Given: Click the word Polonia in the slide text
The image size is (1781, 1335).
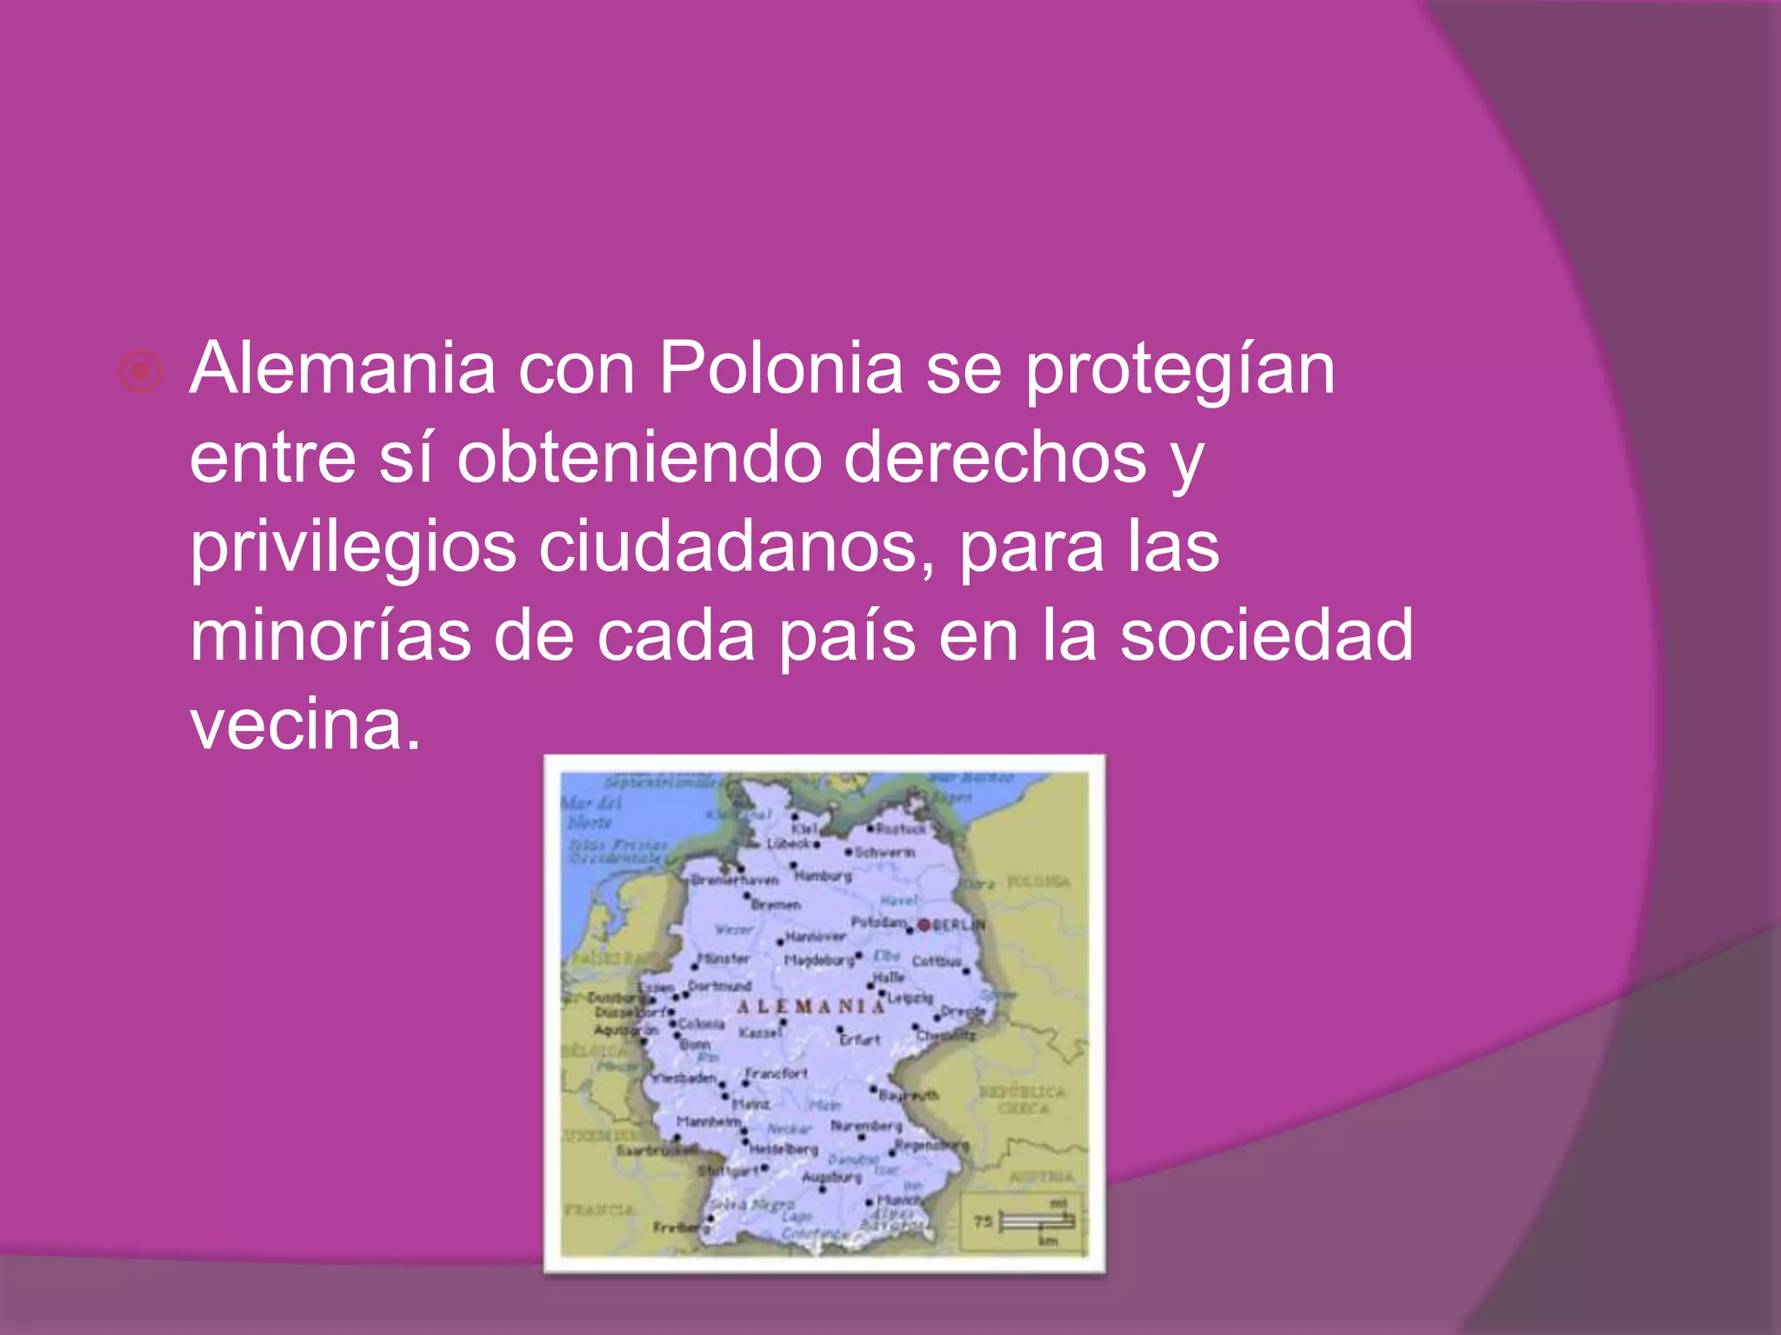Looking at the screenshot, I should coord(780,369).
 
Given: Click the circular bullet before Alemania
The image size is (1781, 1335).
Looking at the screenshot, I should coord(140,372).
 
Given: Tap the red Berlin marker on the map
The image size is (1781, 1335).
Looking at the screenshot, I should coord(924,924).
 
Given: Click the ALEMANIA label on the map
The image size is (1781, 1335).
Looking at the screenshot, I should coord(810,1006).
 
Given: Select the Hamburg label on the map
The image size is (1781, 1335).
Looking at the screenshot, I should coord(824,876).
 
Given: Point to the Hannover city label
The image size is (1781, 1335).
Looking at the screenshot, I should coord(816,937).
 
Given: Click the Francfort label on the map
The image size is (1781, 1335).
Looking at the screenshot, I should coord(777,1073).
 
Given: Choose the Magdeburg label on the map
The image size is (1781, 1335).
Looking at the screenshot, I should coord(819,960).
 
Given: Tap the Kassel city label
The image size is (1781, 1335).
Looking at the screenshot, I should coord(760,1033).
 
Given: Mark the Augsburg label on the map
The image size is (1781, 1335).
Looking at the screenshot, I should coord(831,1177).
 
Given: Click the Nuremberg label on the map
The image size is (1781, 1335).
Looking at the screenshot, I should coord(866,1126).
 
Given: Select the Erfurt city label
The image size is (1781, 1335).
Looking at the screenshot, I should coord(861,1039).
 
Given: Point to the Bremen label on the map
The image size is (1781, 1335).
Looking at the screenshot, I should coord(776,905).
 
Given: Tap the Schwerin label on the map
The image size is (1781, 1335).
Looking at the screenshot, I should coord(884,853).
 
